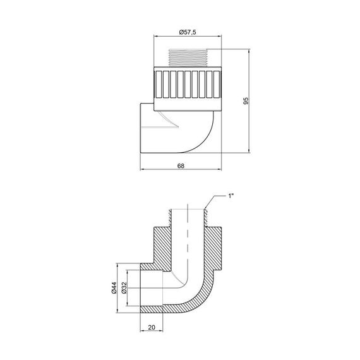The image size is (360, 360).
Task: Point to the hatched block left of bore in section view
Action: [x=160, y=243]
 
